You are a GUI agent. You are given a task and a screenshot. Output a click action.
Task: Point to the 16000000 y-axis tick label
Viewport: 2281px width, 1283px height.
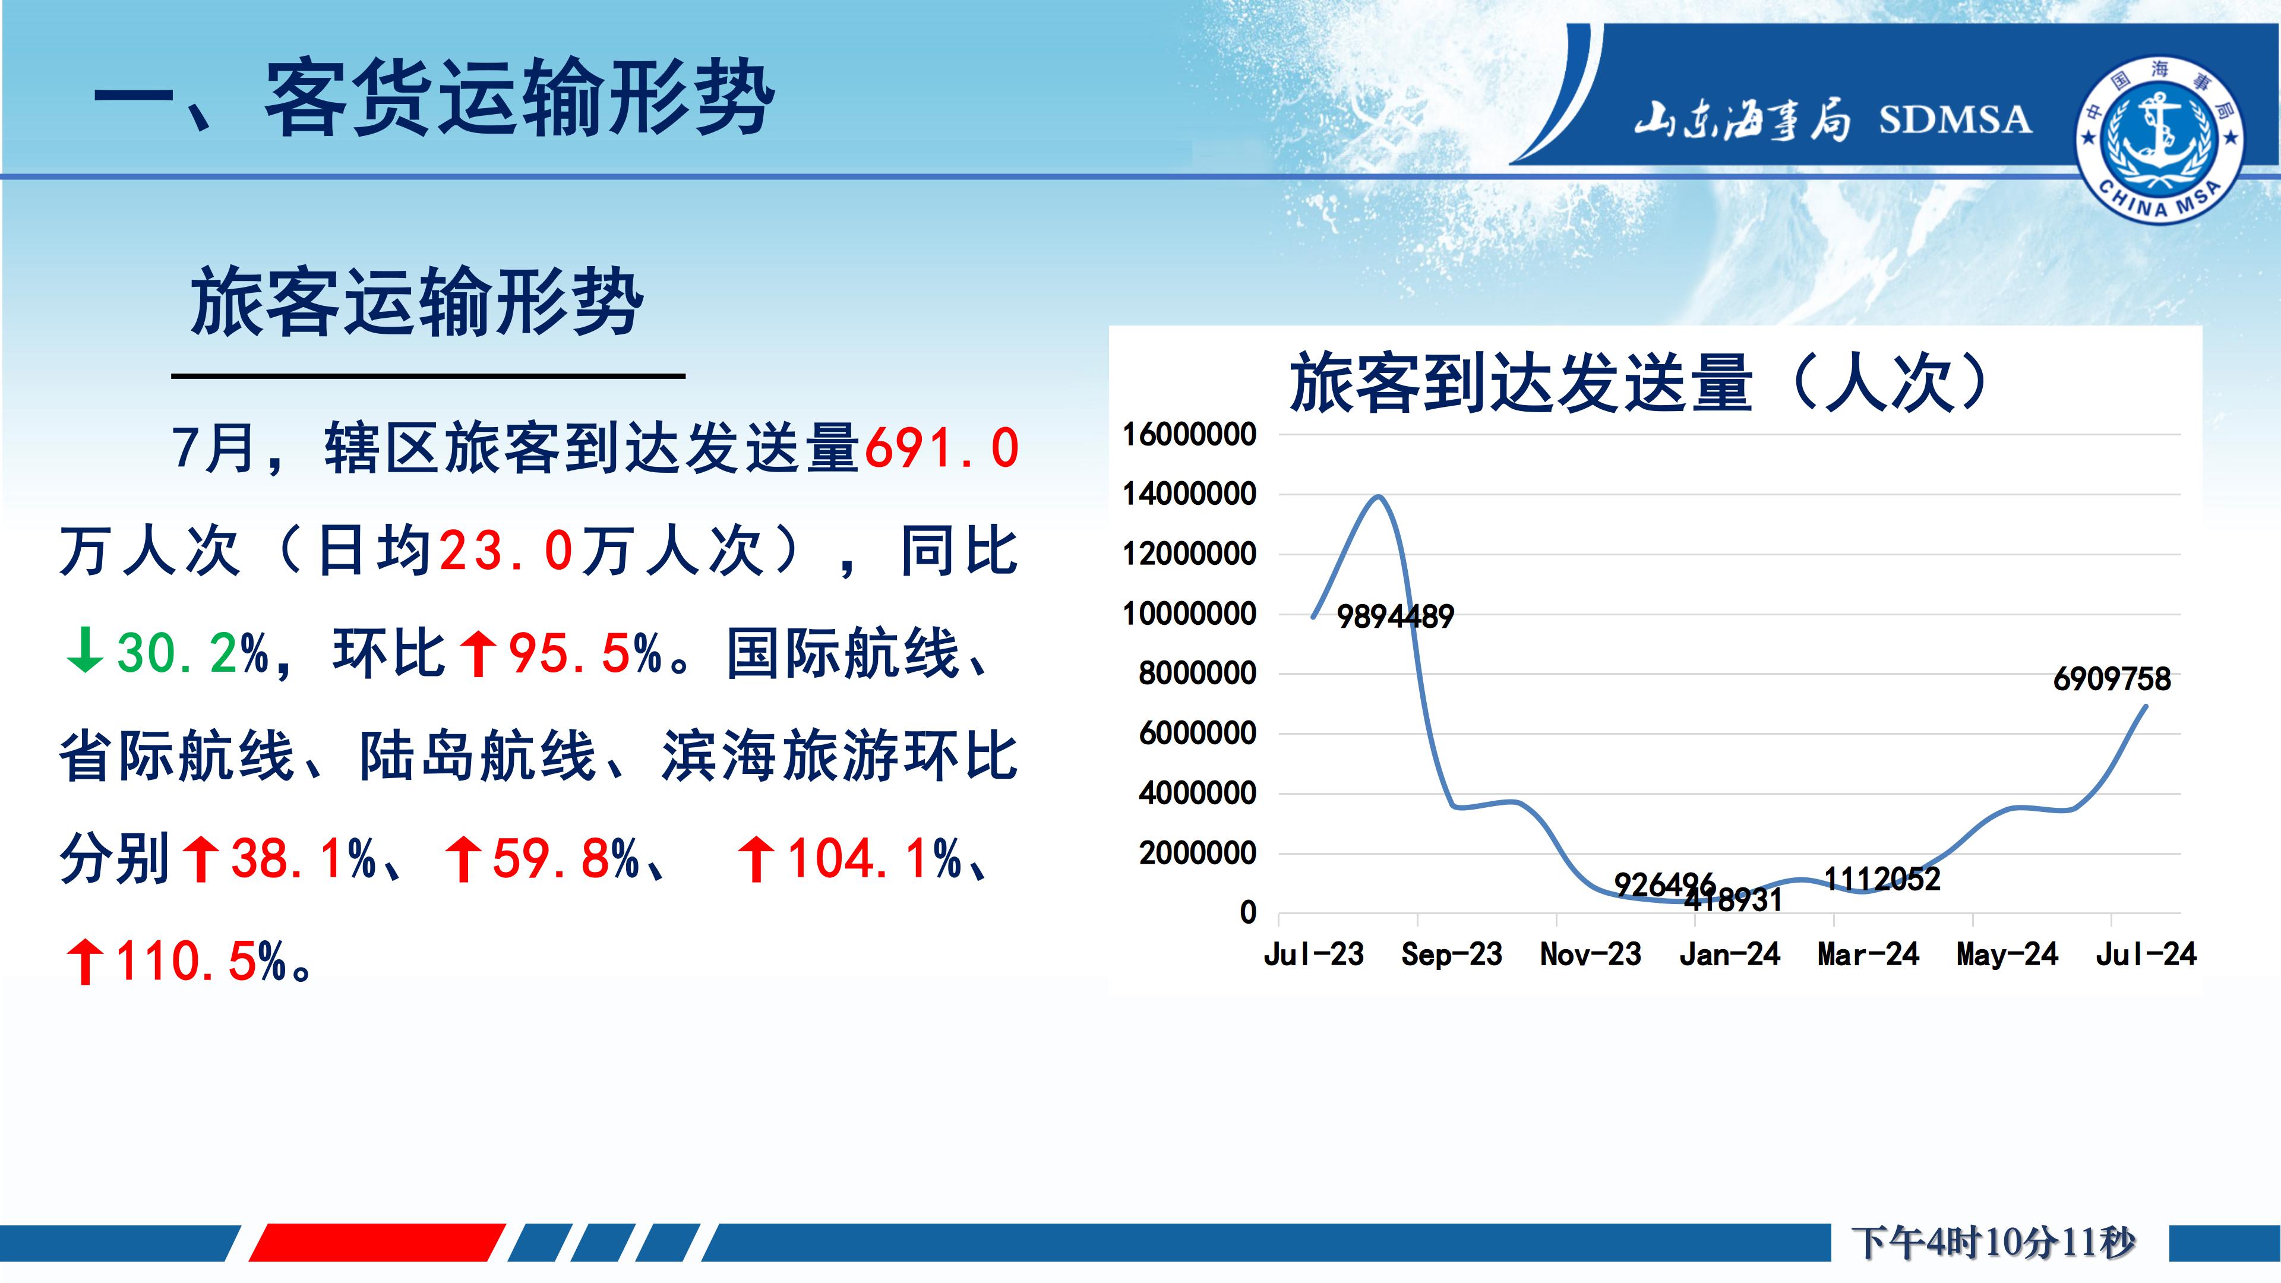[1189, 435]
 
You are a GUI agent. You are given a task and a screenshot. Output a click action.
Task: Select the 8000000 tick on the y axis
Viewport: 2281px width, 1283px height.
[1197, 674]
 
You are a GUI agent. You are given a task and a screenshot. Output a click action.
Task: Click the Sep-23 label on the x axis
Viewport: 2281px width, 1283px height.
[1451, 955]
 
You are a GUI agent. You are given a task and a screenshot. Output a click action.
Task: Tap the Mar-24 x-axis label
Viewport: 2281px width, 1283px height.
[1868, 955]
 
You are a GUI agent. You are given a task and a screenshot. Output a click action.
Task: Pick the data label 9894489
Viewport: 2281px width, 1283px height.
[1395, 617]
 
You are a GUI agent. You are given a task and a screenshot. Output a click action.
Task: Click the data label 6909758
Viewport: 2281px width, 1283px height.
[2112, 679]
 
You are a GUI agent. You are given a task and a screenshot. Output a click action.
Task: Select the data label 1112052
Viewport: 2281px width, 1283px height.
[1882, 879]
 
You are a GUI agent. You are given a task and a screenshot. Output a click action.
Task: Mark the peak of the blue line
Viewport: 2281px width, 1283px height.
[1379, 496]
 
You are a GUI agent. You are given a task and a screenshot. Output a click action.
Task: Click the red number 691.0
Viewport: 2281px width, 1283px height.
[942, 448]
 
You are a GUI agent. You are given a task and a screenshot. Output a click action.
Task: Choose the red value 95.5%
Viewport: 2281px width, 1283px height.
[585, 653]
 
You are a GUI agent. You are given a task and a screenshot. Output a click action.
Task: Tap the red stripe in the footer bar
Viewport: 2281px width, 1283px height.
[377, 1242]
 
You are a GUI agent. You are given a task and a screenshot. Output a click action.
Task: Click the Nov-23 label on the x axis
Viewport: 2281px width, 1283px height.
[1590, 955]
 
